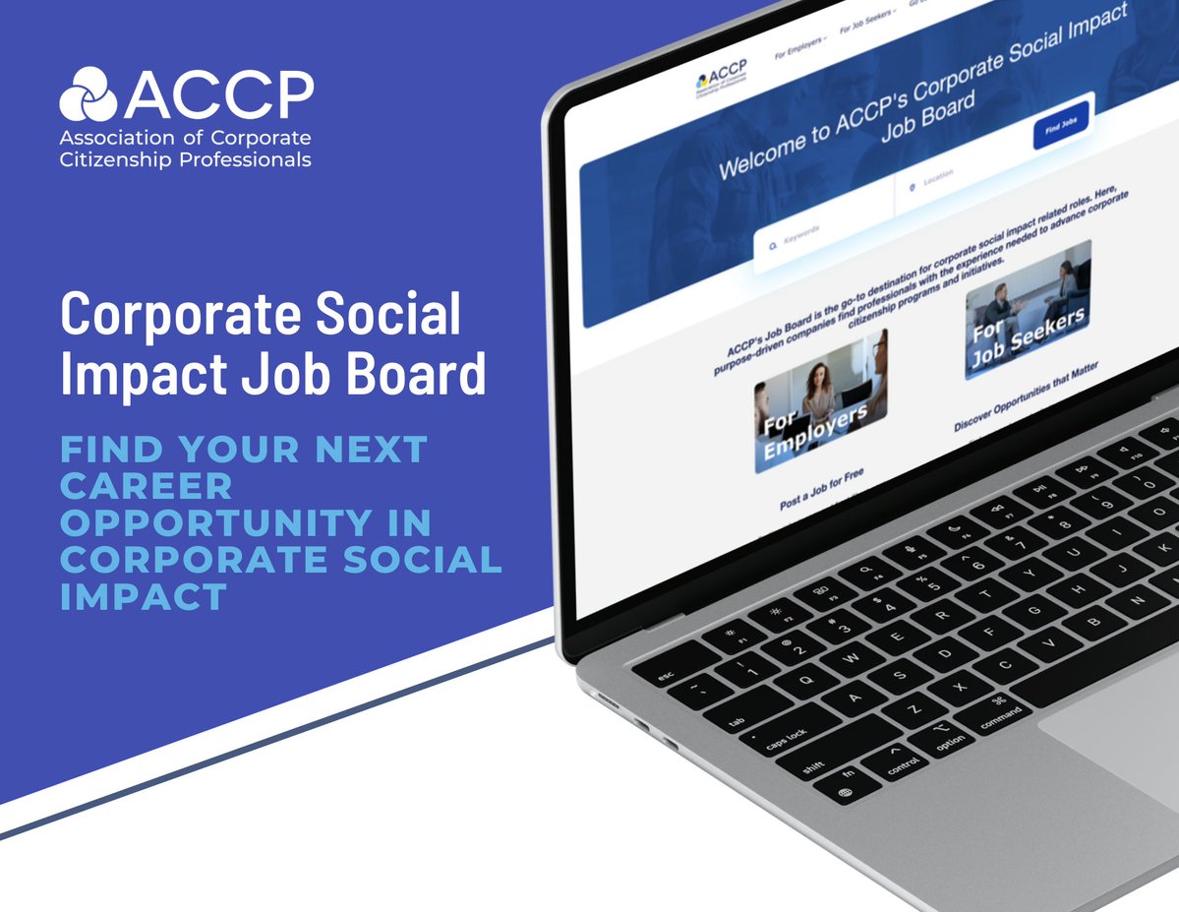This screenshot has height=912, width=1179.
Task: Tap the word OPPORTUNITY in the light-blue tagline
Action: click(x=245, y=521)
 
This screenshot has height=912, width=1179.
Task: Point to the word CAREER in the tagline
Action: click(x=147, y=485)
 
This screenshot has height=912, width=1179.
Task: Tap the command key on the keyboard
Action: click(x=1000, y=716)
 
